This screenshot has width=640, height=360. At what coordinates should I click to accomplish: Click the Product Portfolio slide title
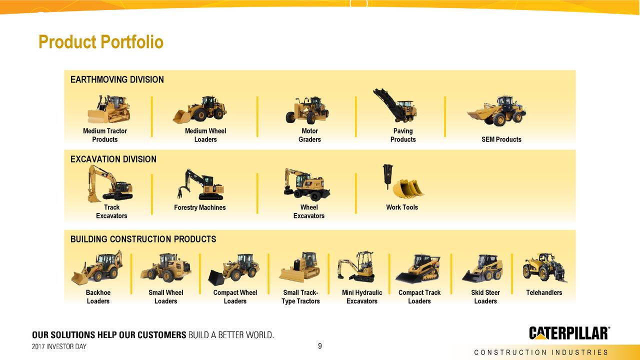coord(101,42)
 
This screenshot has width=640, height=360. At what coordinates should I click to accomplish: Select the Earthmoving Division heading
coord(117,79)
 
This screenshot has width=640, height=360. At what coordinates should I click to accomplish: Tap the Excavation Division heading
coord(113,159)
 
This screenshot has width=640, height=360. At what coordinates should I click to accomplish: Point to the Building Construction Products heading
coord(143,239)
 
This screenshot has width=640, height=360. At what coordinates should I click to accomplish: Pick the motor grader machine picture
coord(307,110)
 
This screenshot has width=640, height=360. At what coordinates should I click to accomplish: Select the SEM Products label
coord(501,139)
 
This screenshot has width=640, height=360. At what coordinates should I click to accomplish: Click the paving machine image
coord(395,106)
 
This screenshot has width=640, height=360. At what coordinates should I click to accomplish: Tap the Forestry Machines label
coord(200,207)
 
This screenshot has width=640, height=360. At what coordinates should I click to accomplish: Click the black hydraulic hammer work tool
coord(387,174)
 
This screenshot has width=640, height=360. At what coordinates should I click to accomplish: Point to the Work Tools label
coord(402,207)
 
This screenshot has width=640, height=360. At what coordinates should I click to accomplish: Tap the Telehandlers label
coord(544,292)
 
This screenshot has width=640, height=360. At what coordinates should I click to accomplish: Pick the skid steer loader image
coord(482,268)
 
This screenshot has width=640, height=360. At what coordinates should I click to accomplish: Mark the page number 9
coord(320,346)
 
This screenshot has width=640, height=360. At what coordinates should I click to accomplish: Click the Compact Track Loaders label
coord(419,296)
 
